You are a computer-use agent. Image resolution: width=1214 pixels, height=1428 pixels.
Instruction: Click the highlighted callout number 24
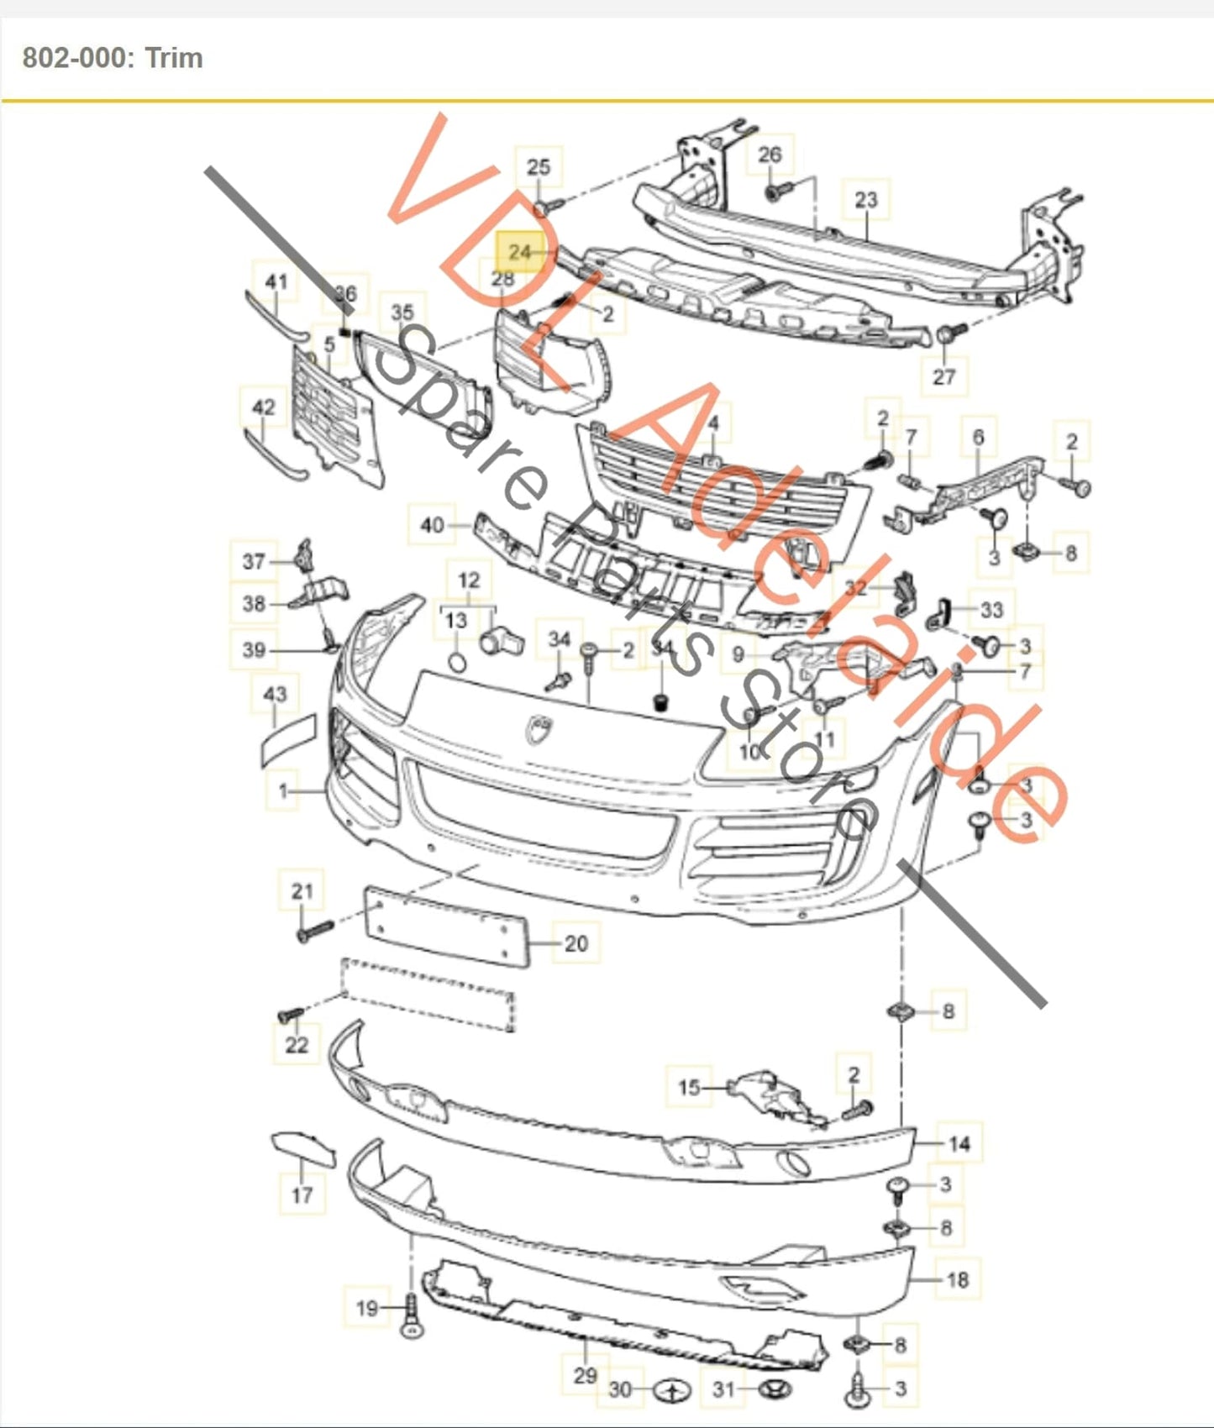(520, 252)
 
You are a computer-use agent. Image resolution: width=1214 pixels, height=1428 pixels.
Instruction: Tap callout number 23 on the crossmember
(865, 200)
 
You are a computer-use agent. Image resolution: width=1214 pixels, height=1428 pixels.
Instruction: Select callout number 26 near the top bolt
(770, 155)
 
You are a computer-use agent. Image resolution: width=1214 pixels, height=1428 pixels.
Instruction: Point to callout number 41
(276, 282)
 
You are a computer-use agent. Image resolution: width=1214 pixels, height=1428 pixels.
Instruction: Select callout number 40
(432, 525)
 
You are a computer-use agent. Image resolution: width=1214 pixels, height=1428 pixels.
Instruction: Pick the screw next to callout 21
(314, 930)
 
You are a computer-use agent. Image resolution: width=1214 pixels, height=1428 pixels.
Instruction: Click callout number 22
(297, 1044)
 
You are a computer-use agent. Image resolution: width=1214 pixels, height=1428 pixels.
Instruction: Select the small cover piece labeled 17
(302, 1147)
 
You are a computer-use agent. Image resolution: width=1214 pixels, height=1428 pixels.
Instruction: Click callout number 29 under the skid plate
(585, 1375)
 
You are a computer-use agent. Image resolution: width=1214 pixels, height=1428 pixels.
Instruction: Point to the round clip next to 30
(672, 1391)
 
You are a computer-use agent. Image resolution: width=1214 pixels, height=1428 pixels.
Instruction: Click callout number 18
(957, 1279)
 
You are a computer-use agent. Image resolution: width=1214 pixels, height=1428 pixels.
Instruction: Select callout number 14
(959, 1143)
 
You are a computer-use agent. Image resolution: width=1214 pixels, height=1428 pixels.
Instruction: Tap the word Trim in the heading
(173, 58)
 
